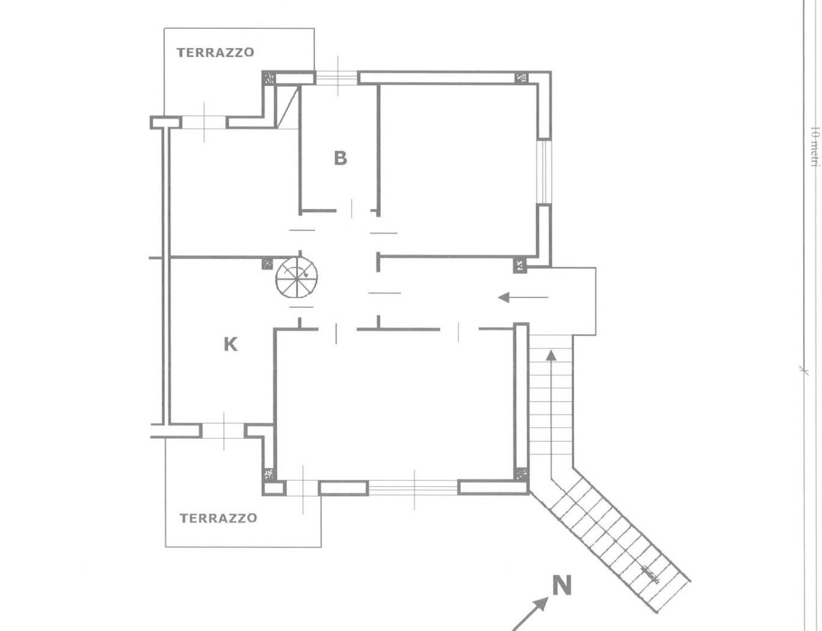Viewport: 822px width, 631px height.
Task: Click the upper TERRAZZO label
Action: click(x=215, y=53)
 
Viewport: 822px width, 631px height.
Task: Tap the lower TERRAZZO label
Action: click(x=218, y=518)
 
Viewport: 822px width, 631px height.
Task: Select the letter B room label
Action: click(x=341, y=158)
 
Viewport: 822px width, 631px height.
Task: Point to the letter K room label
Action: click(x=231, y=344)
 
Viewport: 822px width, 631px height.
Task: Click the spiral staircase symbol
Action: click(x=297, y=277)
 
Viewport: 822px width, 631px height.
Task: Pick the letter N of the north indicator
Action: click(x=562, y=586)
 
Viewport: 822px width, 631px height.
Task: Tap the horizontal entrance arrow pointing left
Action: click(x=523, y=297)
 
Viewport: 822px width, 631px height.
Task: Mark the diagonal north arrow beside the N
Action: click(x=529, y=614)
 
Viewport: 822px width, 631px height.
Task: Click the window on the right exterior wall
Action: click(x=544, y=172)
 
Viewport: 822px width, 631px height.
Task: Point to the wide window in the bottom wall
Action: click(x=413, y=487)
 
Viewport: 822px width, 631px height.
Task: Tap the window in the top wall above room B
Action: click(x=336, y=78)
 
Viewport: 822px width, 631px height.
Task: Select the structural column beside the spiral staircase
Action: click(x=267, y=264)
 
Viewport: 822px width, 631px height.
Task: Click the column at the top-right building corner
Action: click(x=522, y=78)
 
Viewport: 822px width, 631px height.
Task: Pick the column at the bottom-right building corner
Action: click(x=522, y=474)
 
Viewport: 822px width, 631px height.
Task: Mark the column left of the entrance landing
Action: click(x=520, y=265)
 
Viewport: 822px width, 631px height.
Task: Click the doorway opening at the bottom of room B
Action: click(x=353, y=210)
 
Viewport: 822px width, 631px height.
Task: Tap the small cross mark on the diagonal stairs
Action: click(x=651, y=575)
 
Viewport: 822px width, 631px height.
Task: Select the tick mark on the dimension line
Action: click(x=804, y=370)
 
